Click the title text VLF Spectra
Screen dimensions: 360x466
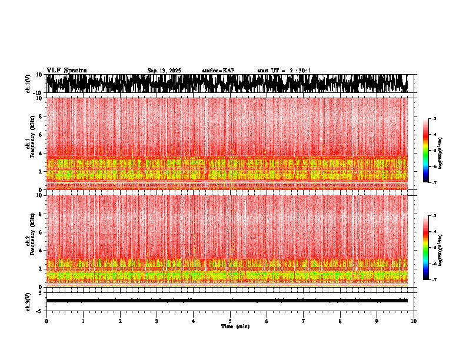pyautogui.click(x=66, y=70)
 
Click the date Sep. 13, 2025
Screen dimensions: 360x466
pyautogui.click(x=164, y=71)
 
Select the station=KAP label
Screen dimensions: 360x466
pyautogui.click(x=218, y=71)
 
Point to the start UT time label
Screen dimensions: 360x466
pyautogui.click(x=284, y=71)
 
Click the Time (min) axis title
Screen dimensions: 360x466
pyautogui.click(x=235, y=326)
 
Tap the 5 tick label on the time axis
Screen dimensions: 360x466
pyautogui.click(x=230, y=321)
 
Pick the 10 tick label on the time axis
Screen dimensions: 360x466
pyautogui.click(x=414, y=321)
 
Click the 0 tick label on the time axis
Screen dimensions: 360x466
pyautogui.click(x=46, y=321)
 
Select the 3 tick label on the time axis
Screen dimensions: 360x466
pyautogui.click(x=157, y=321)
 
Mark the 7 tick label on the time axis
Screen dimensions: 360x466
pyautogui.click(x=304, y=321)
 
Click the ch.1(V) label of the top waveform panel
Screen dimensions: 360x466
pyautogui.click(x=28, y=84)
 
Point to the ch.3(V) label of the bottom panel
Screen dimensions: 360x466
pyautogui.click(x=28, y=301)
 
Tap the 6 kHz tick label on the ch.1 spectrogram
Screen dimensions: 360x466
pyautogui.click(x=39, y=135)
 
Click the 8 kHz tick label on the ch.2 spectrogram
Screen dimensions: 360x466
pyautogui.click(x=39, y=214)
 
